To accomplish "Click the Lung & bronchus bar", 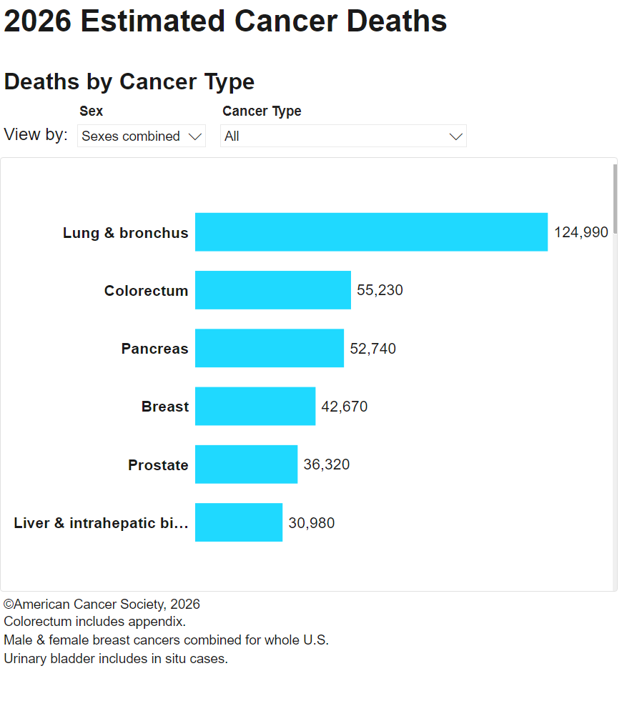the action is [371, 232].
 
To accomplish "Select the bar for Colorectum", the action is [273, 290].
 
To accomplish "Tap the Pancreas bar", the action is [270, 348].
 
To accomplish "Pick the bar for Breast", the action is [255, 406].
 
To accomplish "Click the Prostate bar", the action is [247, 464].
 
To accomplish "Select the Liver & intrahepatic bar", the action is [239, 522].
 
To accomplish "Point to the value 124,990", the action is [581, 232].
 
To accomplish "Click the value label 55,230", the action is [380, 290].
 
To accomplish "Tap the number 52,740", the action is [373, 349].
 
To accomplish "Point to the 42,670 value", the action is [344, 407].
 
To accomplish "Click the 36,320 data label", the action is [327, 464].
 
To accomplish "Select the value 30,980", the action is [312, 523].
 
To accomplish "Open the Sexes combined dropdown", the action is [142, 136].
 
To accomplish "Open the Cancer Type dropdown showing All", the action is [343, 136].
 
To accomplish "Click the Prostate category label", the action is [158, 465].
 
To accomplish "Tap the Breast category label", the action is [165, 407].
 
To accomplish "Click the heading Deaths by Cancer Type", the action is [129, 82].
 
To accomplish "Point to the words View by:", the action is [36, 134].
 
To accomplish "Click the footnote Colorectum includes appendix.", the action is [94, 622].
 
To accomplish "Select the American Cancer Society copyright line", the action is [102, 604].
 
